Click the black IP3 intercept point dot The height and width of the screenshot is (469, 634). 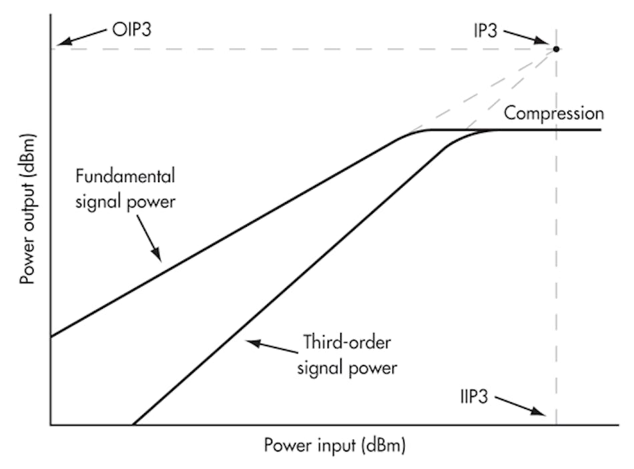(x=556, y=49)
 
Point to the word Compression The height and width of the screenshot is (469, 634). (x=553, y=113)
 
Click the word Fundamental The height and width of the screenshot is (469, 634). (x=125, y=177)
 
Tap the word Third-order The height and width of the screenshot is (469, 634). (x=346, y=343)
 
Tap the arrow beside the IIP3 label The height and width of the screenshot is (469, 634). (x=521, y=406)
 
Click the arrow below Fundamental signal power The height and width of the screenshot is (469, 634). (x=151, y=241)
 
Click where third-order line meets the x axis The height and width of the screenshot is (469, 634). (x=133, y=424)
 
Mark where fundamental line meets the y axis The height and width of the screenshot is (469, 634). (x=51, y=336)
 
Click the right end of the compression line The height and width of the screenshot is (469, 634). (x=600, y=129)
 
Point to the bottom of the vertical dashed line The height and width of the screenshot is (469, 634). (x=556, y=423)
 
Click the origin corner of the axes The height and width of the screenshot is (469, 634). (x=51, y=425)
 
